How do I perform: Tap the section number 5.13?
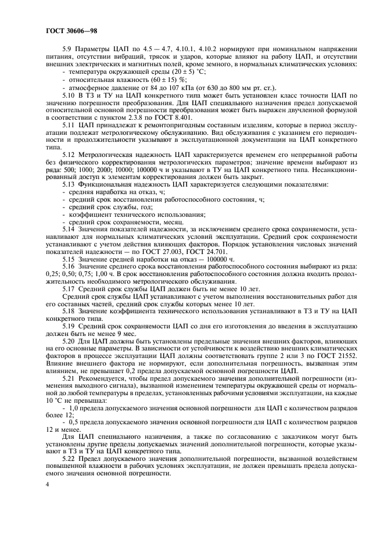[70, 184]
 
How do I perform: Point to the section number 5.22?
[70, 457]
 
